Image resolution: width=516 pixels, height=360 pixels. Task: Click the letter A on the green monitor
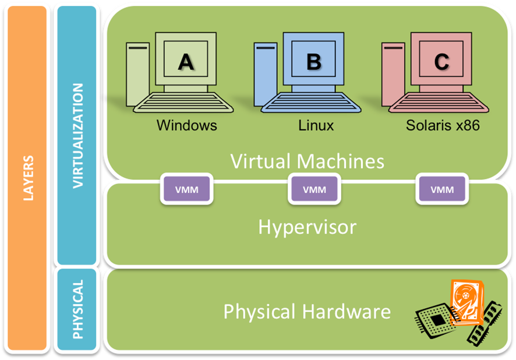click(186, 61)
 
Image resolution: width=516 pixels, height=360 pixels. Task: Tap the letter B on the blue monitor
click(313, 61)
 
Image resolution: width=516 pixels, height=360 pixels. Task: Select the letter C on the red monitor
click(441, 61)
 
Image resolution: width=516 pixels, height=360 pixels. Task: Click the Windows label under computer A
click(186, 125)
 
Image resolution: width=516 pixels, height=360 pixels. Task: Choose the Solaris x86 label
click(443, 125)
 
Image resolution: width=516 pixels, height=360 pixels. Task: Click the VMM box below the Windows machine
click(186, 189)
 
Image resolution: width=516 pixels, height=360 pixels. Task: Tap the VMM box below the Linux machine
click(314, 189)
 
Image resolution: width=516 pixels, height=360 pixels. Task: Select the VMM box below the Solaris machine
click(442, 189)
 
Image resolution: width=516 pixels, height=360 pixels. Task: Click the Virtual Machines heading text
click(307, 161)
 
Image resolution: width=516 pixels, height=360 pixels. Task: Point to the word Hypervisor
click(307, 227)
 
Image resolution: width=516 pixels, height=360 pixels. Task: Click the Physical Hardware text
click(307, 312)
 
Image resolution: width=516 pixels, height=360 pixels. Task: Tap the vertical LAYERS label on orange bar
click(27, 178)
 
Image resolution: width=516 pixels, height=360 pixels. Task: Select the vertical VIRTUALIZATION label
click(77, 135)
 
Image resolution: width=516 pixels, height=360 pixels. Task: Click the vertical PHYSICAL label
click(77, 309)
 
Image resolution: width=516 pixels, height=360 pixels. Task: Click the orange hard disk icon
click(466, 301)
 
